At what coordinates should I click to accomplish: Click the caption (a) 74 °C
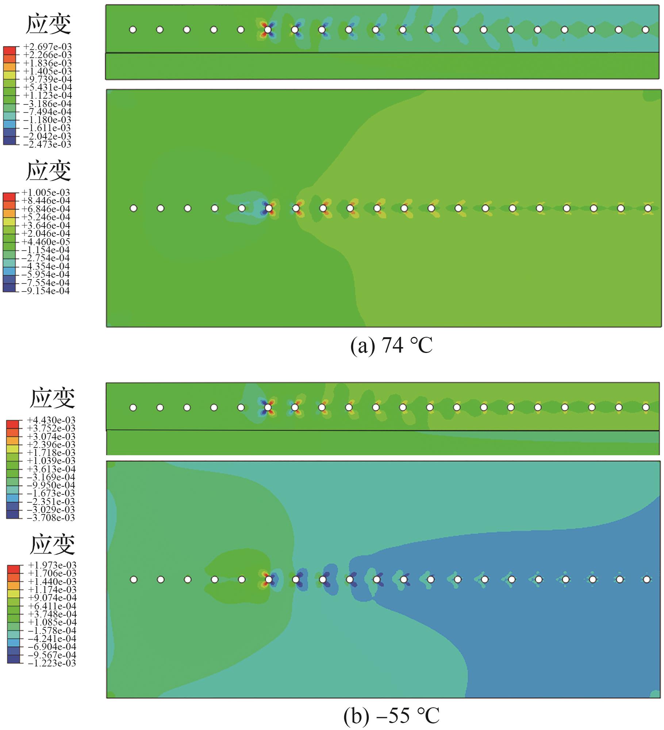(391, 345)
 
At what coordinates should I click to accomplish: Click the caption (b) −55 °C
(391, 716)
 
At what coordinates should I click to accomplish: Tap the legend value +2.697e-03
(47, 47)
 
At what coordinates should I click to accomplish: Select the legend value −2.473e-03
(47, 144)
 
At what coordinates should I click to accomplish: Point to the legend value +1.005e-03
(46, 193)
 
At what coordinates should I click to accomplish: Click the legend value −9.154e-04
(46, 291)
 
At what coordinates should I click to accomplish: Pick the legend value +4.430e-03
(51, 420)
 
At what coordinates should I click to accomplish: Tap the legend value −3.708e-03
(51, 518)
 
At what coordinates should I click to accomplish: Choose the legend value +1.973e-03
(52, 565)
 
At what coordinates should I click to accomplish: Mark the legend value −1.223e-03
(52, 663)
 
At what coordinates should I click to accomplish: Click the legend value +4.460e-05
(46, 242)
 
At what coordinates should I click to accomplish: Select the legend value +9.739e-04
(47, 79)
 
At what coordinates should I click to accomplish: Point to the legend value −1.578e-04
(52, 631)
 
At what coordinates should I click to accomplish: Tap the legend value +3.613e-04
(51, 469)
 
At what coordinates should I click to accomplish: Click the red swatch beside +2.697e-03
(10, 49)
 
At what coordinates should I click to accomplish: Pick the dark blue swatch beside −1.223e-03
(14, 661)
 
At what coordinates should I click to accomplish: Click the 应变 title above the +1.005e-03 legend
(48, 171)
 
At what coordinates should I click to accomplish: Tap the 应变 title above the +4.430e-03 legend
(52, 398)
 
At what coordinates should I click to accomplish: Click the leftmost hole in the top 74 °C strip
(133, 30)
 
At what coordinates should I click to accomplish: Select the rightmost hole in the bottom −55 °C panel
(646, 579)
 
